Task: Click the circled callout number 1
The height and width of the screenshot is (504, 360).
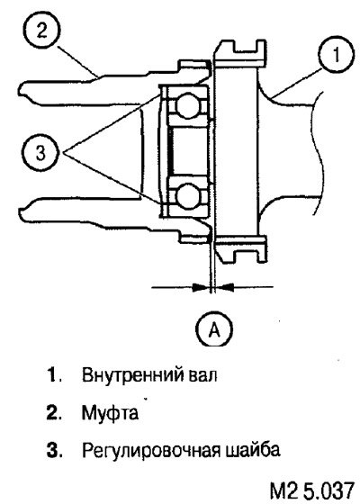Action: (x=337, y=55)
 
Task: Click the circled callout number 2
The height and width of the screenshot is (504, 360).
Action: (x=41, y=31)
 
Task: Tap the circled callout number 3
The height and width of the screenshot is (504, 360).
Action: (x=40, y=153)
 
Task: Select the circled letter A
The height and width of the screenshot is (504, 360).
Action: (x=214, y=328)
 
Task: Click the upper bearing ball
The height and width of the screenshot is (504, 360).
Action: (x=189, y=105)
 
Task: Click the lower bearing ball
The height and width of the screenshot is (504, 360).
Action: (x=189, y=195)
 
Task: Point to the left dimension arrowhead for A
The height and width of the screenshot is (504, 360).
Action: (x=200, y=286)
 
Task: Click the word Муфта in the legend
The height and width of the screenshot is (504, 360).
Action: (x=110, y=413)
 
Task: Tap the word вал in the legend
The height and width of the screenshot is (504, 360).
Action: (x=202, y=375)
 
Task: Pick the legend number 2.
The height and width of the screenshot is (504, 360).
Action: (x=53, y=413)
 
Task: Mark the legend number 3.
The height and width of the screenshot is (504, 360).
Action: (x=53, y=450)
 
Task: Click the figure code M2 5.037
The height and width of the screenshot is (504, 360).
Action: (x=311, y=491)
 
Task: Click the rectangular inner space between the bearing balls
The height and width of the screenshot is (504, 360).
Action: (x=188, y=150)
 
